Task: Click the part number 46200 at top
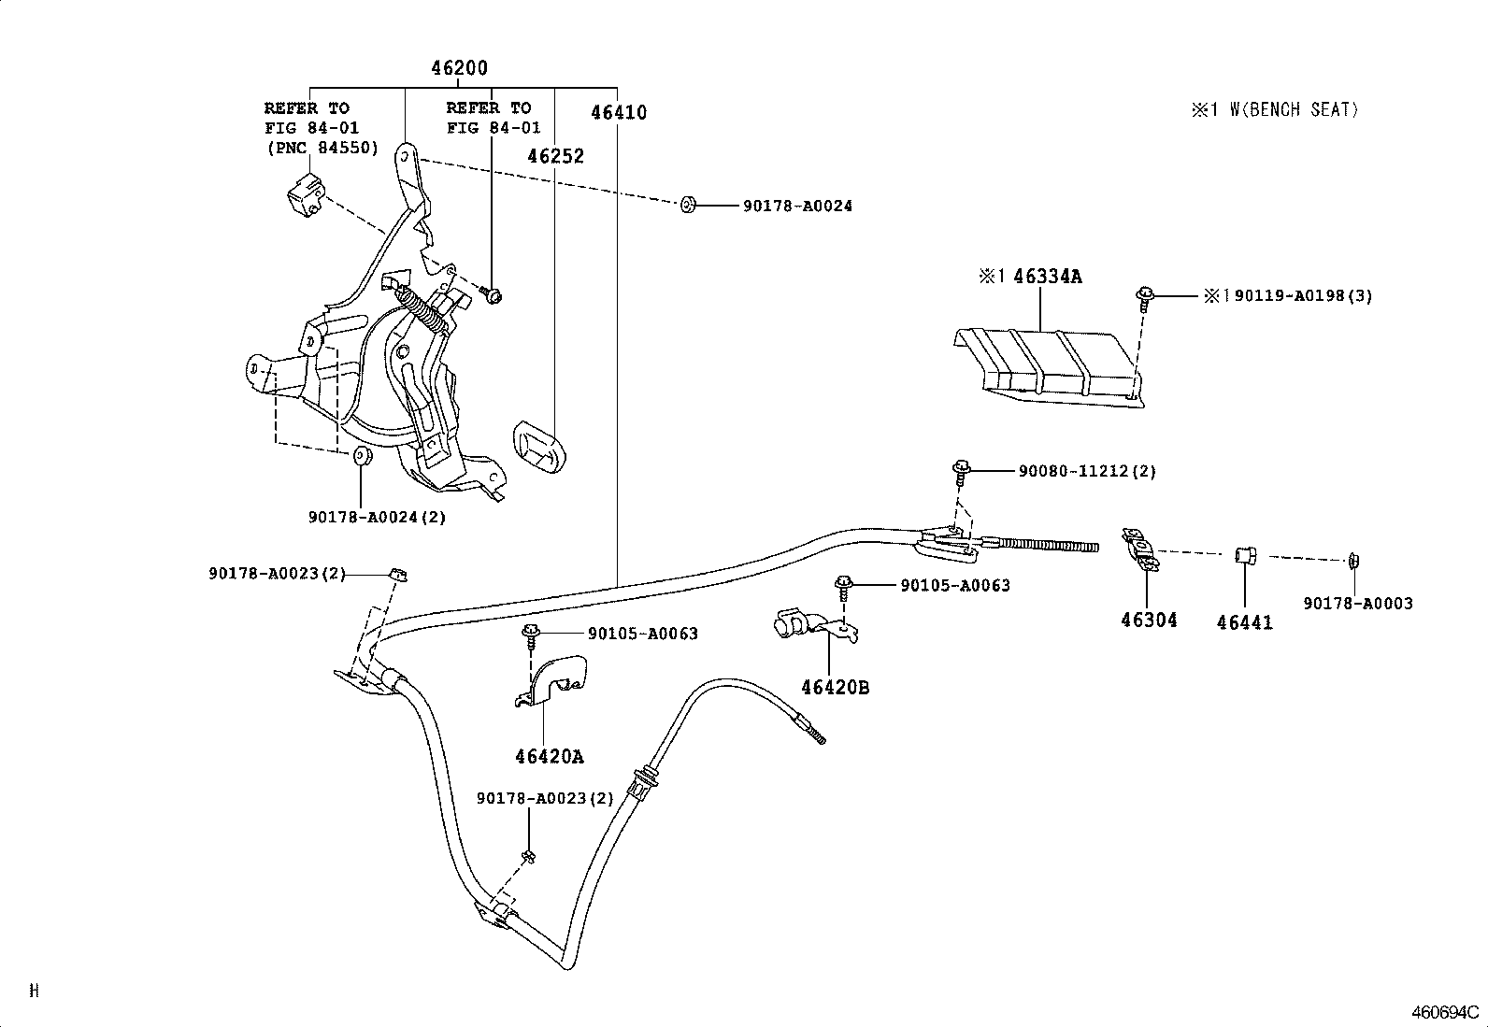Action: pos(458,68)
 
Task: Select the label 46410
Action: pos(618,113)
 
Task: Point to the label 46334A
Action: pos(1029,277)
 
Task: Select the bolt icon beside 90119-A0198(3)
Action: pos(1145,297)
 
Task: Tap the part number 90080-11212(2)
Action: pos(1087,471)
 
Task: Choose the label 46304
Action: pos(1149,620)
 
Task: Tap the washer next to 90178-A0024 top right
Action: pos(687,205)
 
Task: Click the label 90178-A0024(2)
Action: pos(377,517)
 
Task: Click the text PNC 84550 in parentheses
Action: pos(322,148)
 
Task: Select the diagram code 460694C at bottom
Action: pos(1444,1013)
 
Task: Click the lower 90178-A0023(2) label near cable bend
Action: pos(545,798)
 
